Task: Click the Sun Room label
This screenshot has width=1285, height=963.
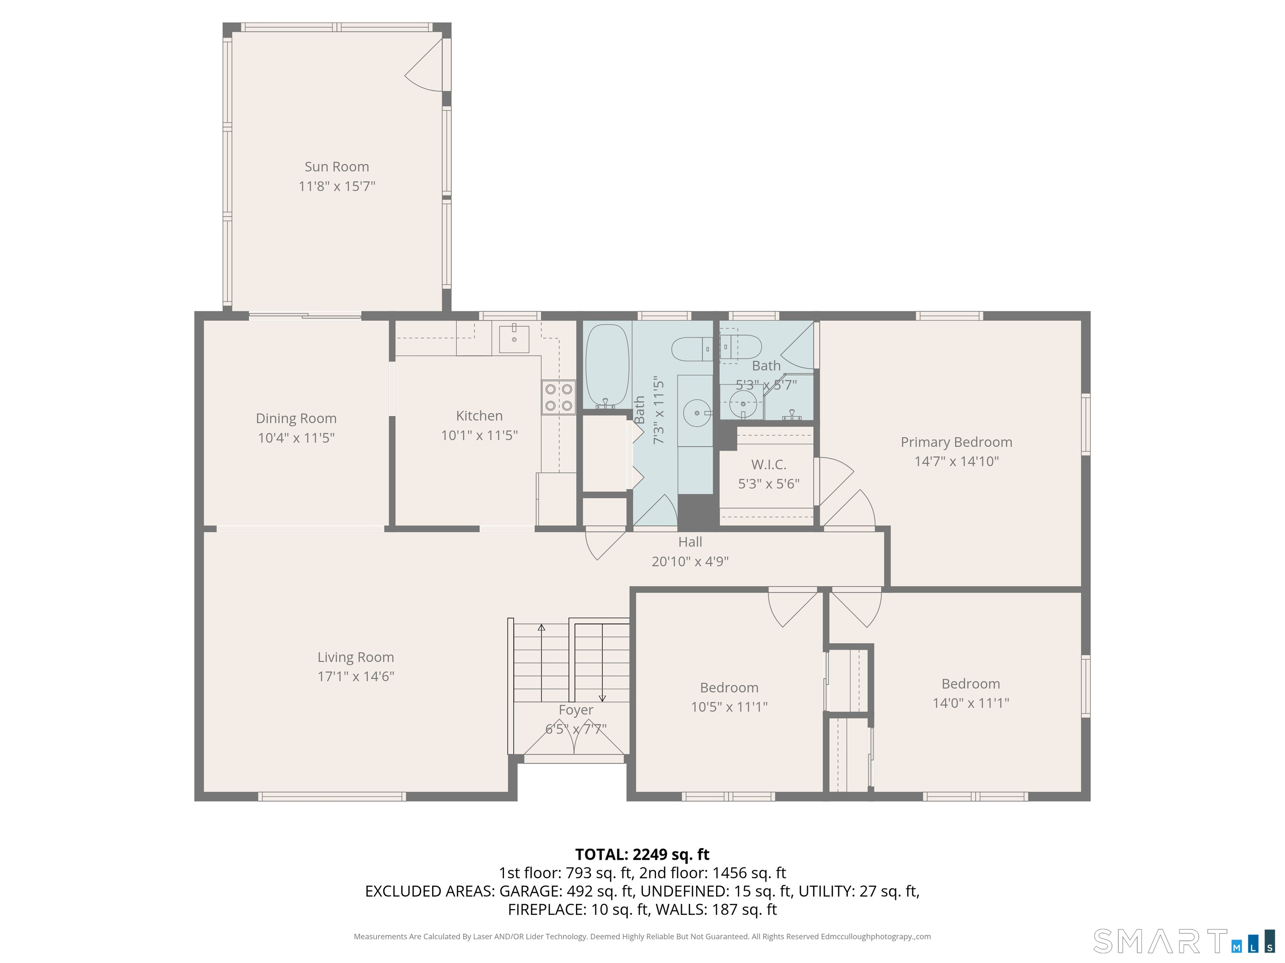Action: [x=337, y=167]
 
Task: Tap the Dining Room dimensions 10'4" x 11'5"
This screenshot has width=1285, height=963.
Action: [x=296, y=438]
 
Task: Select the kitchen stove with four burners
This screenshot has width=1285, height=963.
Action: [x=559, y=397]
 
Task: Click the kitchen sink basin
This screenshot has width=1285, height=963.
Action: [x=514, y=339]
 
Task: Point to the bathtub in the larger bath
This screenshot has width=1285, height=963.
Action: [x=607, y=366]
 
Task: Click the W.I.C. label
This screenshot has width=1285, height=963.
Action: [x=768, y=464]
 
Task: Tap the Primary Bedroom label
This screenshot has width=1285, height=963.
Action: [x=956, y=442]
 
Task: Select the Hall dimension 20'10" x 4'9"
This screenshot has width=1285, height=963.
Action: [x=690, y=561]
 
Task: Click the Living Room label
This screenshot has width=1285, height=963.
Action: [x=356, y=657]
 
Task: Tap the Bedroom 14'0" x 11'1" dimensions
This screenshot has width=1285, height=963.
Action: [x=971, y=703]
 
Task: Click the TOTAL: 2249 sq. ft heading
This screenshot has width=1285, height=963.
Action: [x=642, y=854]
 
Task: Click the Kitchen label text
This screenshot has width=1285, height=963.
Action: [x=479, y=415]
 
